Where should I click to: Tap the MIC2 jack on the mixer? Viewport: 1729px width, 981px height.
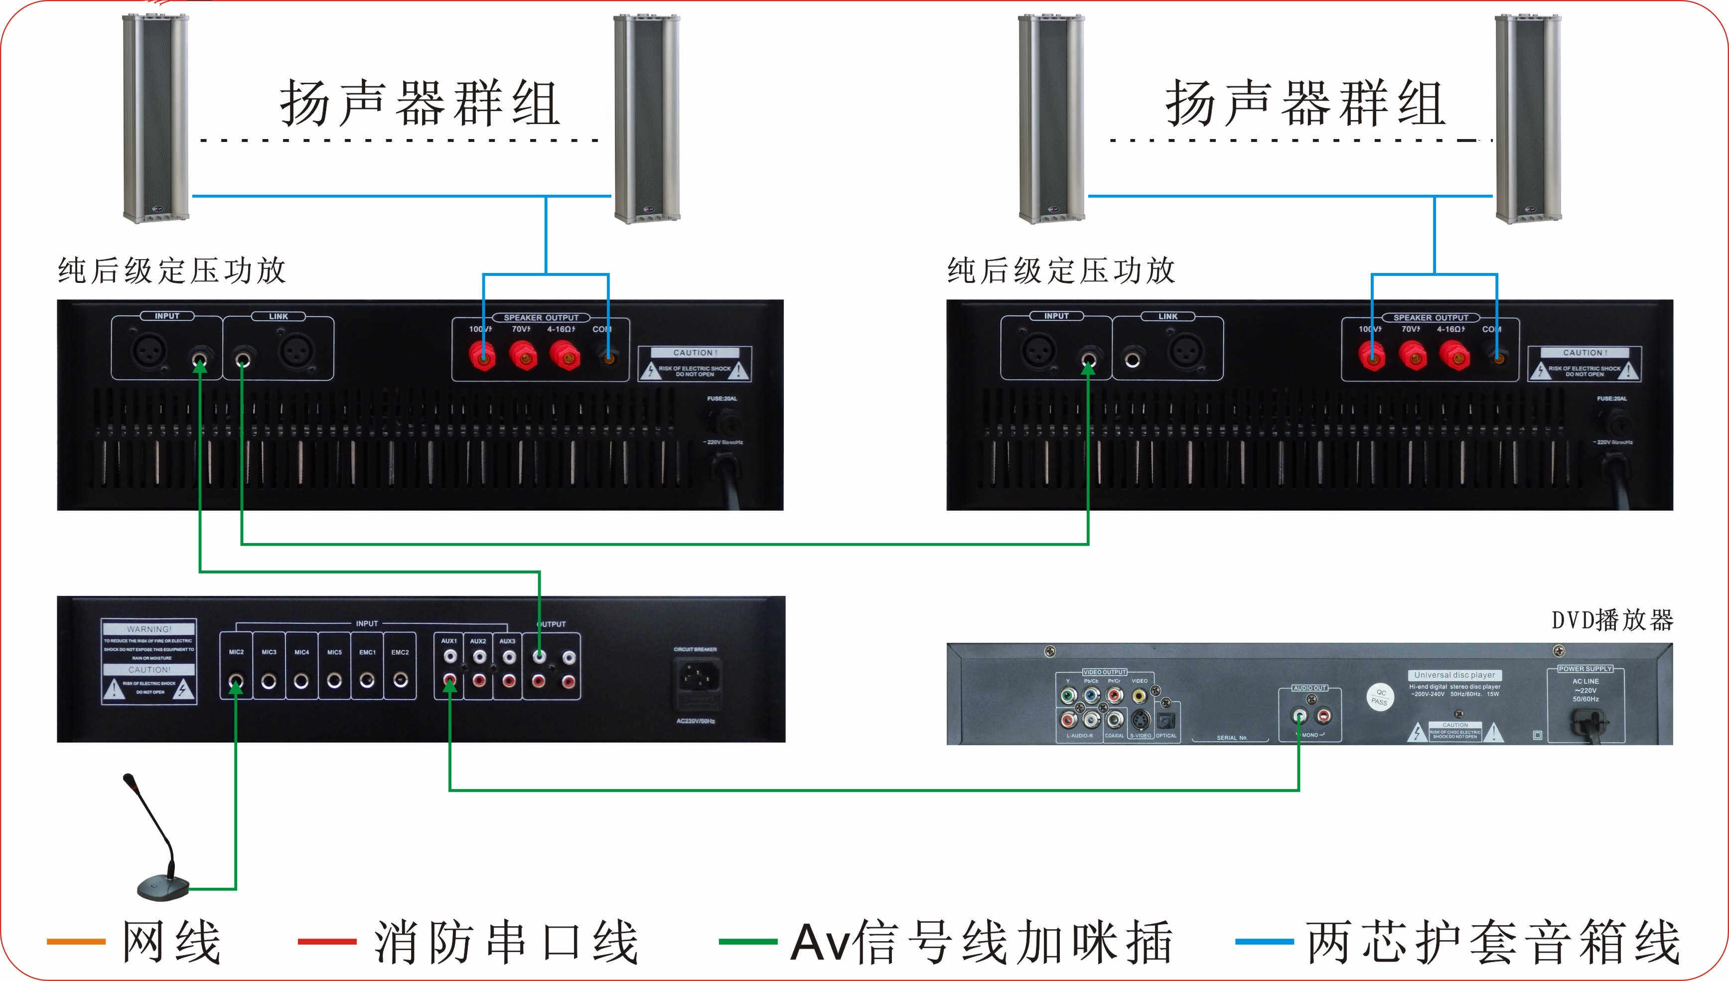(x=236, y=682)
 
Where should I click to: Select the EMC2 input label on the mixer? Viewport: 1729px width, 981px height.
(x=400, y=652)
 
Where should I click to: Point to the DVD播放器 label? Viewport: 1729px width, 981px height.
(x=1612, y=620)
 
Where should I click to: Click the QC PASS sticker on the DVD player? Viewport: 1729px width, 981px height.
(x=1380, y=697)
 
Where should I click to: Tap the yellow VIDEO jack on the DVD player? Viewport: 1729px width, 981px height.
(x=1139, y=696)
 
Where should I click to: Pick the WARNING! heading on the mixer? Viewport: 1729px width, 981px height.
(x=149, y=629)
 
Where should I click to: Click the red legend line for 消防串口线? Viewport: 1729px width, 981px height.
(x=327, y=941)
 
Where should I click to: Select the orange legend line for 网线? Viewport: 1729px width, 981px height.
(x=76, y=941)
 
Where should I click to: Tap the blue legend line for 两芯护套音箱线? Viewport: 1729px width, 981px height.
(x=1264, y=941)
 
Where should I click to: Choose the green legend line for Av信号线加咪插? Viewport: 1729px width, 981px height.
(x=748, y=941)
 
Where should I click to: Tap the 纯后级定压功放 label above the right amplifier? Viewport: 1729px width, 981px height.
(x=1061, y=271)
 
